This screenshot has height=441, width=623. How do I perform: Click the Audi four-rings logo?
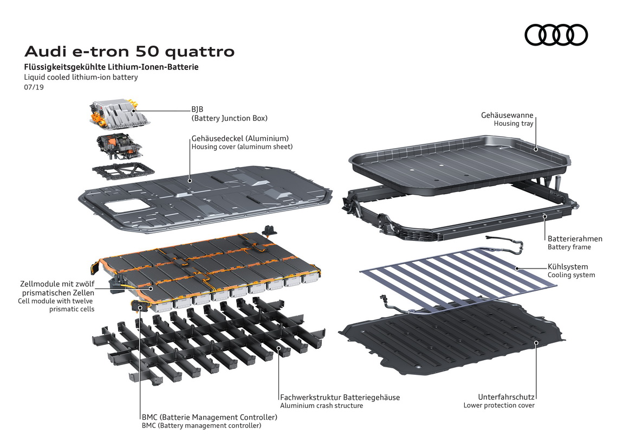[x=556, y=35]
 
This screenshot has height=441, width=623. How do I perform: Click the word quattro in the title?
[x=199, y=52]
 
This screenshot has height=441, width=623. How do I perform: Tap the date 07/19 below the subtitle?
[x=34, y=87]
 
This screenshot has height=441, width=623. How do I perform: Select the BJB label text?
[x=198, y=110]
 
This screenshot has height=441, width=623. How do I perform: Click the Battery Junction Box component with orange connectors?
[x=119, y=115]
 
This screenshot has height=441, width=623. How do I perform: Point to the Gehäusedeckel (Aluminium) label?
[x=240, y=138]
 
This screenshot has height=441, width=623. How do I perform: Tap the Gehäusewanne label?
[x=507, y=116]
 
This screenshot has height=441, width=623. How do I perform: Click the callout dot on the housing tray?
[x=536, y=149]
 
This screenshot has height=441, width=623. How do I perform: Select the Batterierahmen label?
[x=575, y=239]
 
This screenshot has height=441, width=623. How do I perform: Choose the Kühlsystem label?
[x=568, y=266]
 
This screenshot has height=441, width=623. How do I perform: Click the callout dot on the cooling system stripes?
[x=517, y=269]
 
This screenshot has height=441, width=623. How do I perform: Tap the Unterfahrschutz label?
[x=506, y=397]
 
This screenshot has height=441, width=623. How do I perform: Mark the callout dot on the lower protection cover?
[x=536, y=342]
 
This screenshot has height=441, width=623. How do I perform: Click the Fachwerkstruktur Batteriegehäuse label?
[x=340, y=397]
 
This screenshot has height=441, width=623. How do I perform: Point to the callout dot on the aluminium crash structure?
[x=278, y=348]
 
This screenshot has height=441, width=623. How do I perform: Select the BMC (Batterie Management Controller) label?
[x=210, y=417]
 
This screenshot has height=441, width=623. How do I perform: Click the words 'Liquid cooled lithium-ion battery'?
[x=81, y=77]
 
